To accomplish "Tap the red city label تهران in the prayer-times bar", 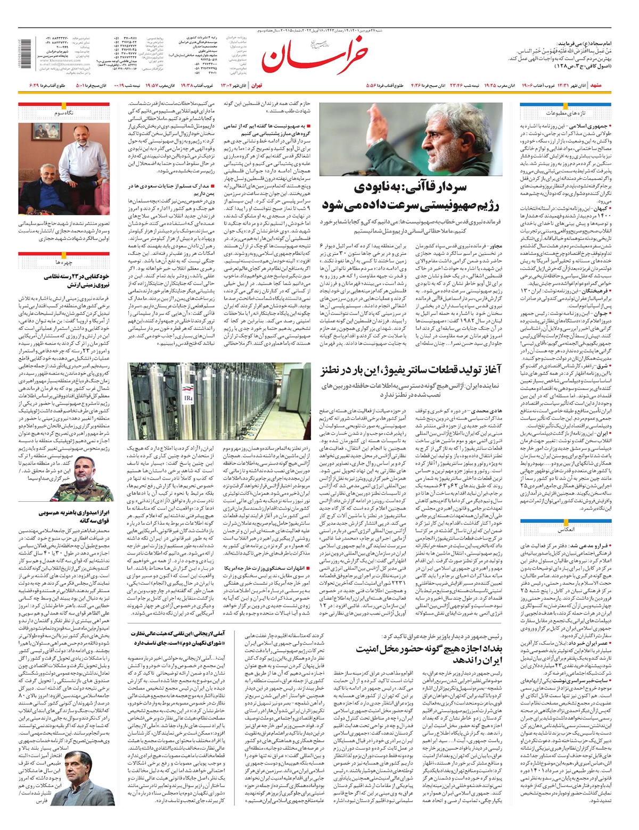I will (x=257, y=85).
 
